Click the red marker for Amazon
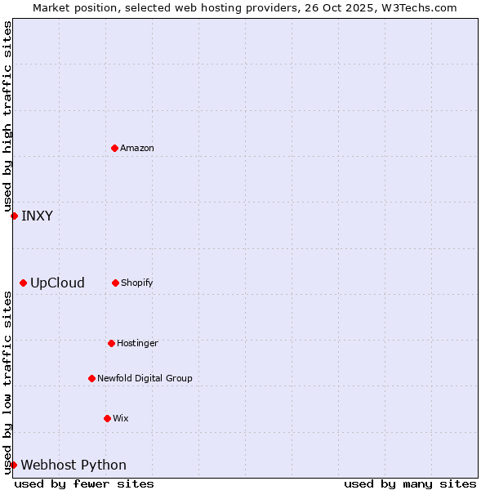point(115,148)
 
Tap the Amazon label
point(137,149)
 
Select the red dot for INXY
point(14,216)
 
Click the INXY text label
point(37,216)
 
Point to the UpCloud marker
point(23,283)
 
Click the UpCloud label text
point(57,283)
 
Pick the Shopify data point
point(115,283)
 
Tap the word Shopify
point(137,283)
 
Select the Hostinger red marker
point(111,343)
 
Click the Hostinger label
point(137,344)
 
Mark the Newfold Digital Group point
point(91,378)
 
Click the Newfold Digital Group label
point(145,379)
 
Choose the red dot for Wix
point(107,418)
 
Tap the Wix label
point(121,419)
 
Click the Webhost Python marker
point(13,465)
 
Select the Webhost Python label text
point(73,465)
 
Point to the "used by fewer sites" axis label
point(84,484)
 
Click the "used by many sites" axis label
point(410,484)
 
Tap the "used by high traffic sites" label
point(8,116)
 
